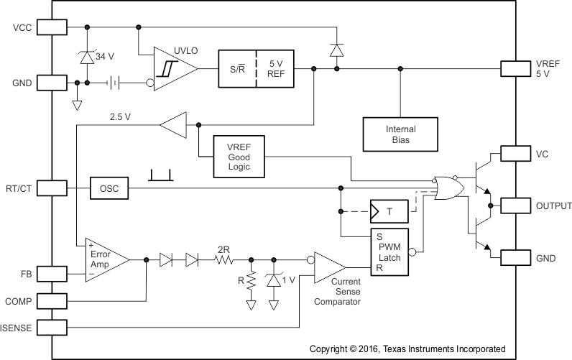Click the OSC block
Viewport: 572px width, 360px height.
coord(109,189)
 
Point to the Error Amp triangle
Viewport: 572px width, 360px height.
coord(105,259)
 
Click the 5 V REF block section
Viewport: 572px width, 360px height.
coord(275,70)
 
